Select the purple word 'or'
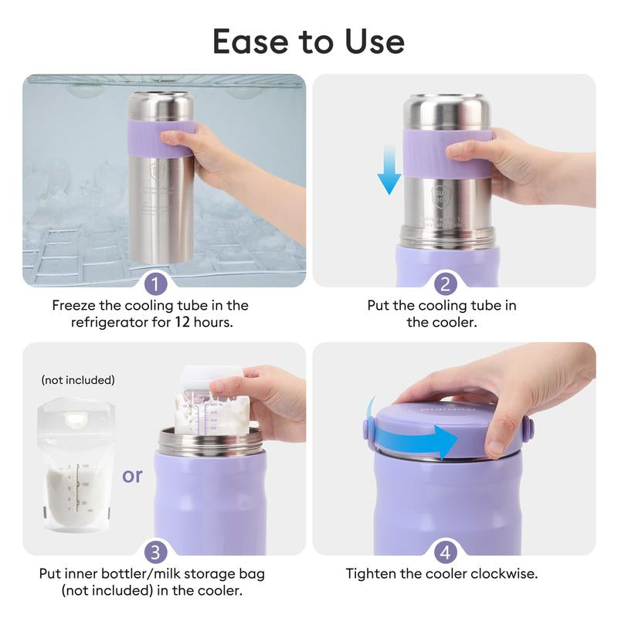point(132,475)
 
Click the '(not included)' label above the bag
point(77,380)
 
